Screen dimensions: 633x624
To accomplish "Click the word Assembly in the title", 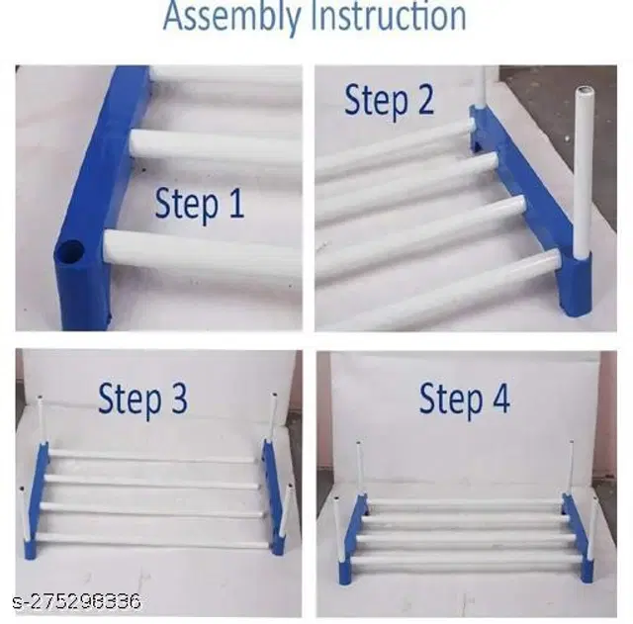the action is pos(232,17).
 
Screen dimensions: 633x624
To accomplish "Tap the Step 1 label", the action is pos(200,205).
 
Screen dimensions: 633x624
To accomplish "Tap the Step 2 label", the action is pos(389,101).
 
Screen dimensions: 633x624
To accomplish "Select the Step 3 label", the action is pos(142,400).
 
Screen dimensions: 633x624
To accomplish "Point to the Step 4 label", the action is pos(464,400).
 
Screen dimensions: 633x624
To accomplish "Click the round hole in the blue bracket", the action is pos(69,252).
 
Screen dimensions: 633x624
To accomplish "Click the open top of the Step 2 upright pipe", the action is pos(584,90).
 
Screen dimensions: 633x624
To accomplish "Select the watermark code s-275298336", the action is pos(77,602).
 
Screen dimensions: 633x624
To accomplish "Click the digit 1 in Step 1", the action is pos(236,203).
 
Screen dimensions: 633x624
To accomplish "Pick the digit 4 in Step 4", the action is pos(499,399).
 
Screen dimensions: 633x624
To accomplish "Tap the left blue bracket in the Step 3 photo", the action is pos(37,501).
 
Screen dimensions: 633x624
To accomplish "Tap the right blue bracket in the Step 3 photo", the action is pos(274,497).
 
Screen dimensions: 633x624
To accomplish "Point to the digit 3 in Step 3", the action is pos(179,399).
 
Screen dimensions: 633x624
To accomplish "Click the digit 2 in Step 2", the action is pos(425,99).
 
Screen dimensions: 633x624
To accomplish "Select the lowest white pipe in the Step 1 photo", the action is pos(202,254).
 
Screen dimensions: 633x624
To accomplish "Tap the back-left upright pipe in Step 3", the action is pos(41,422).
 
